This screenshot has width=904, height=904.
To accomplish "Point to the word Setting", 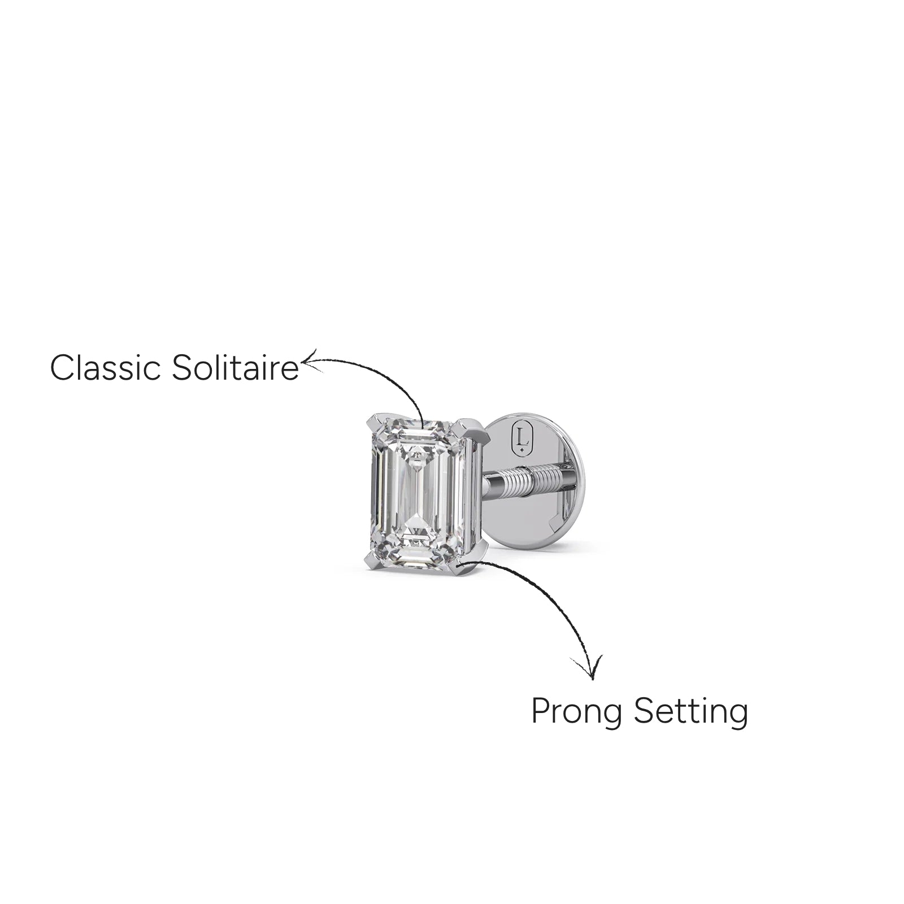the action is pos(690,712).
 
